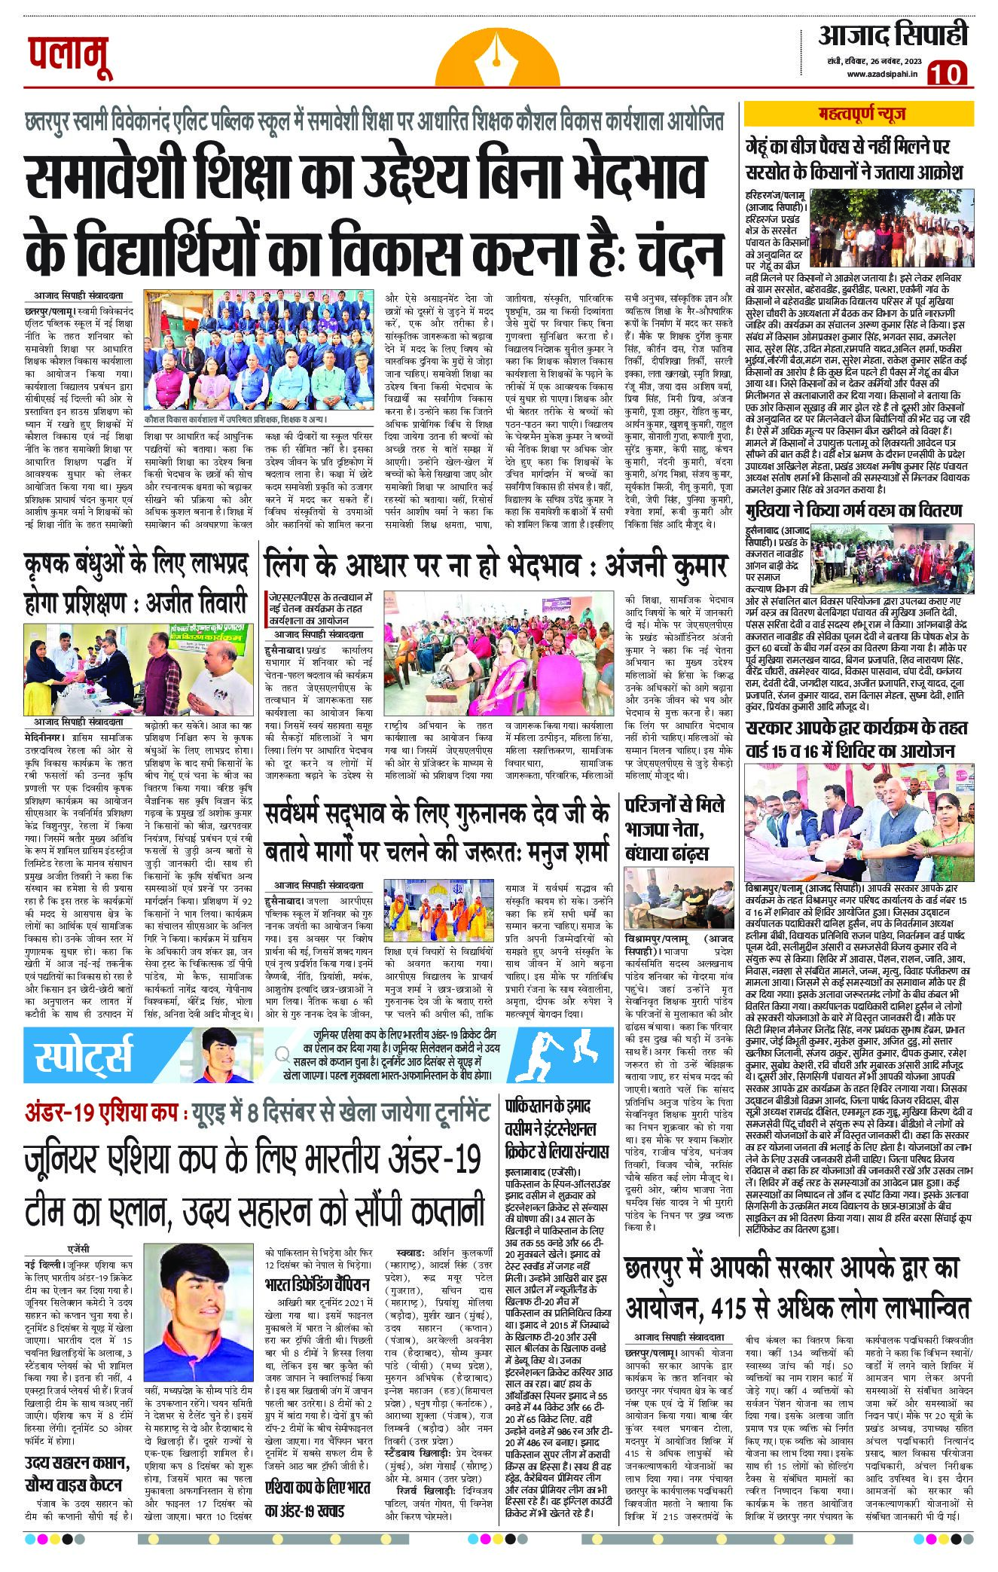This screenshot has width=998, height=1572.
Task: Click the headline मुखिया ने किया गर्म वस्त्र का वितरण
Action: tap(853, 511)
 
